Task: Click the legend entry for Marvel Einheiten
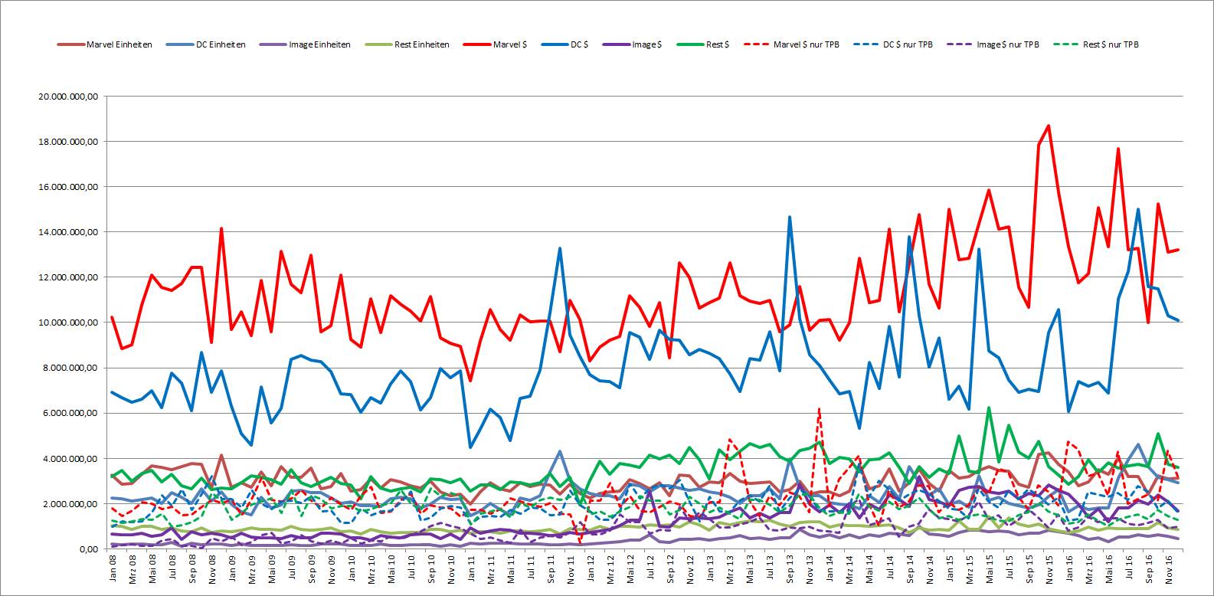105,44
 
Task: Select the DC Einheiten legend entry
207,44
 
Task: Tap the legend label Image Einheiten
305,44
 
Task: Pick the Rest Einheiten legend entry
407,44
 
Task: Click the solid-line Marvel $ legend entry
496,44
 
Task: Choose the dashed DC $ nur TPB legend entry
893,44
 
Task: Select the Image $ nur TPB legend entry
993,44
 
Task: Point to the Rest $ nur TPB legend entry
1096,44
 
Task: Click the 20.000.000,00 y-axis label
68,97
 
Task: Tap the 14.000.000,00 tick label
68,232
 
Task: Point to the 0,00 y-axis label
90,549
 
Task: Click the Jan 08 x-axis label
113,568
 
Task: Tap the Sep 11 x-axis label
551,568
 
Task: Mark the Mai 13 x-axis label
750,568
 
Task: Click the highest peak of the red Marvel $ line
1049,126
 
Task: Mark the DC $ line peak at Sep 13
790,217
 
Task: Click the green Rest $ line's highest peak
989,408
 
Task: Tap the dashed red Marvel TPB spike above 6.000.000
819,409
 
